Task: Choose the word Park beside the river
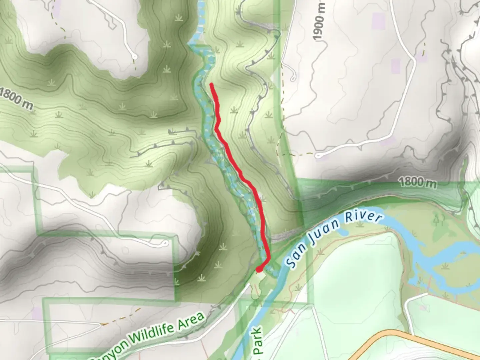[257, 341]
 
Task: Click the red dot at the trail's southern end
[259, 269]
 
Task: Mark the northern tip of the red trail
[211, 85]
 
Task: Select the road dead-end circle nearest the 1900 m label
[293, 79]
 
